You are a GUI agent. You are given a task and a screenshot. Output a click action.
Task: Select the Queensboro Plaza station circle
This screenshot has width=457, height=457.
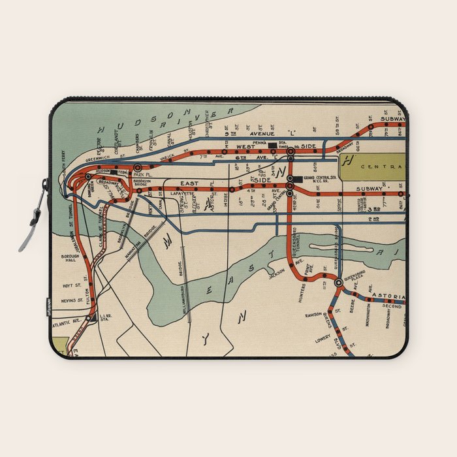[x=338, y=283]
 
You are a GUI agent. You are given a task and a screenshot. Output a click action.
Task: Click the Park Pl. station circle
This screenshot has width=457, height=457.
[x=137, y=168]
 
